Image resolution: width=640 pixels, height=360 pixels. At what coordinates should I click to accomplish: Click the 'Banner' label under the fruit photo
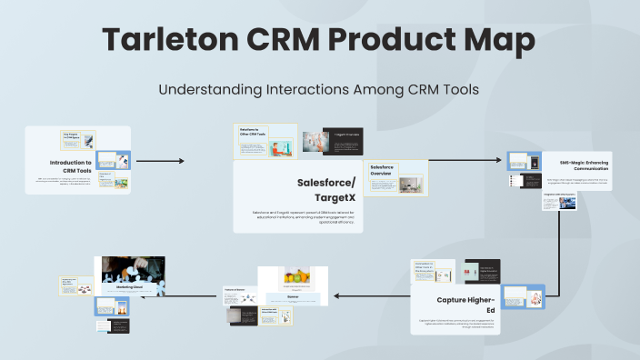click(293, 296)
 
